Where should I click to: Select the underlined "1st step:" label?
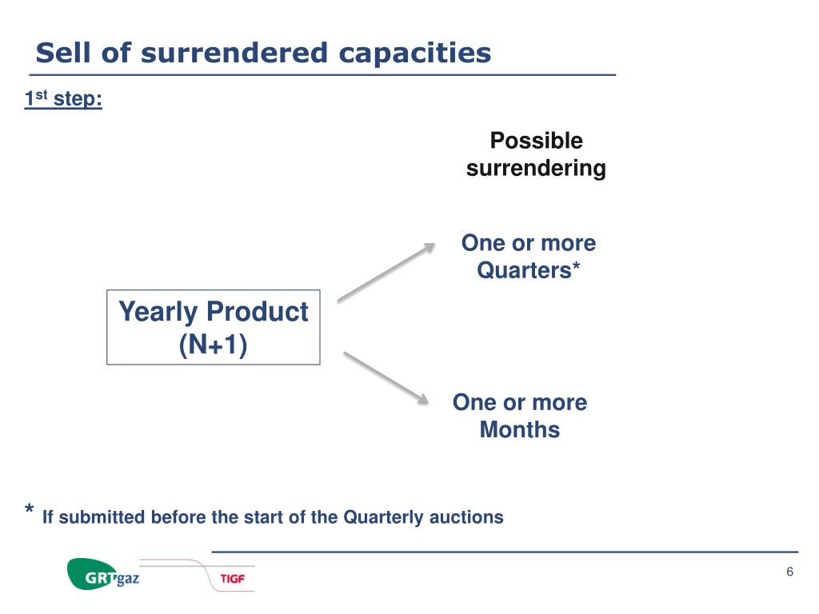[x=63, y=100]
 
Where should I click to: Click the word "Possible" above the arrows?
[x=536, y=142]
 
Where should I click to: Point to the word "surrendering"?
[x=536, y=169]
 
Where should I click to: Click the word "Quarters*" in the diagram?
[x=528, y=270]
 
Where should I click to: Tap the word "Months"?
[x=520, y=429]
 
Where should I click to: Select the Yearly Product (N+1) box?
[x=213, y=327]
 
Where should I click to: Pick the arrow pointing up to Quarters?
[x=386, y=273]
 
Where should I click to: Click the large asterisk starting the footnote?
[x=30, y=511]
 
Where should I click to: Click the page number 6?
[x=789, y=572]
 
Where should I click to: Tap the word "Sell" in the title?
[x=60, y=53]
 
